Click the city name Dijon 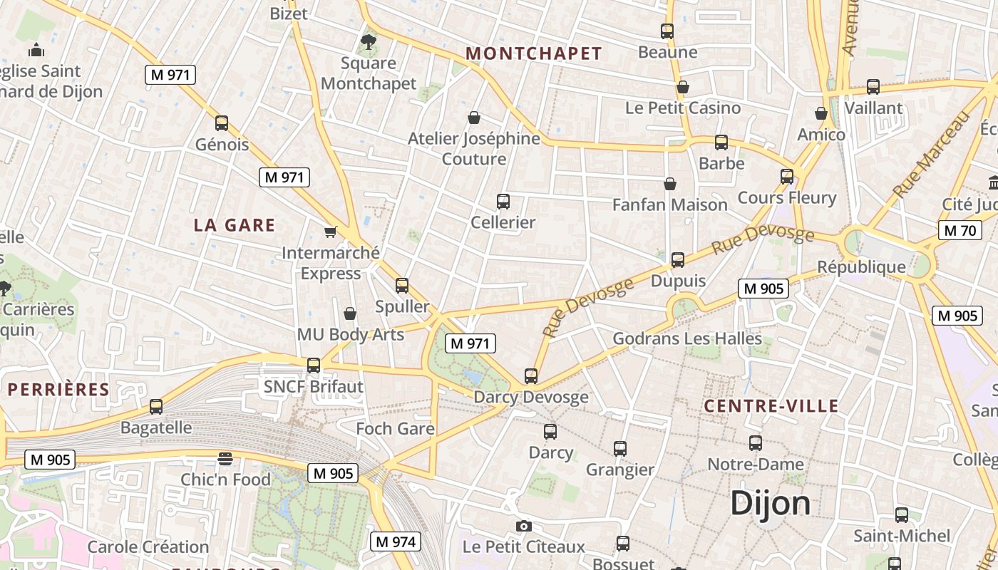click(771, 503)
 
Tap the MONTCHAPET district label click(534, 53)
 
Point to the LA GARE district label click(235, 225)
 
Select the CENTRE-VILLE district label click(771, 406)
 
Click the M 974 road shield click(395, 541)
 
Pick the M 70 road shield click(960, 230)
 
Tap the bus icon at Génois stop click(222, 123)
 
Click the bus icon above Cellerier click(503, 202)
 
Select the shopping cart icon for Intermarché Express click(330, 232)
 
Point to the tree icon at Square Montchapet click(368, 42)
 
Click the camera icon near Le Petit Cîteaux click(524, 527)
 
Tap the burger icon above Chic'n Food click(225, 459)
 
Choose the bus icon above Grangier click(620, 449)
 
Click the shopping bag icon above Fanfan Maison click(670, 184)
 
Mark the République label click(861, 267)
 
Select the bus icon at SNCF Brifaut click(314, 366)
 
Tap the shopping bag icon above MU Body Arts click(350, 313)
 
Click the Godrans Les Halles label click(687, 338)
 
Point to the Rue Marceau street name click(932, 155)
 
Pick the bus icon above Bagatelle click(156, 407)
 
